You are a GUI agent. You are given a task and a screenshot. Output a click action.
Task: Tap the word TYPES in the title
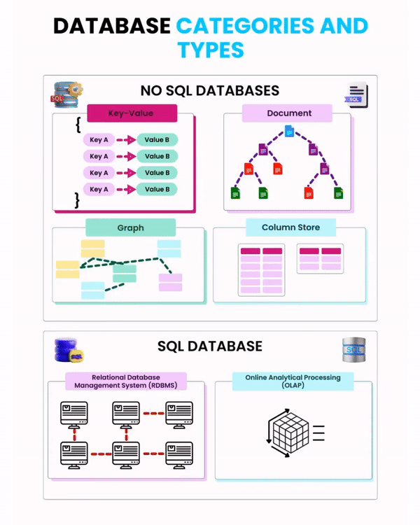(x=210, y=50)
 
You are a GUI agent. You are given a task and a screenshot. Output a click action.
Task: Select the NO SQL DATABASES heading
(x=210, y=91)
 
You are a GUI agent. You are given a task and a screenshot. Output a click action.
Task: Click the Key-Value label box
(x=132, y=113)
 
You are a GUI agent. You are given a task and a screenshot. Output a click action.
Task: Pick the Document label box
(x=287, y=113)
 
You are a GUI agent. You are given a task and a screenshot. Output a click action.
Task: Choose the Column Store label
(x=290, y=227)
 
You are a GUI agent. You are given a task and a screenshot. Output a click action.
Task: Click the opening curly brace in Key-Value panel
(x=78, y=126)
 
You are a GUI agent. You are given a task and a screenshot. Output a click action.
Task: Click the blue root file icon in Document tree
(x=289, y=131)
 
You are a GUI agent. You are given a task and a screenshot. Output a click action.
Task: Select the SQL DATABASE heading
(x=210, y=346)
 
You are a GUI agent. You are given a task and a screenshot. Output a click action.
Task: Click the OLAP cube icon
(x=287, y=434)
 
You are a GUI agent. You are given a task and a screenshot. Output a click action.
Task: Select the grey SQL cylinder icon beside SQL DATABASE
(x=353, y=349)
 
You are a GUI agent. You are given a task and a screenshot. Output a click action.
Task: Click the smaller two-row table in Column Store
(x=320, y=258)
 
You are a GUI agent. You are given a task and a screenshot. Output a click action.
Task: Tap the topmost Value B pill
(x=157, y=140)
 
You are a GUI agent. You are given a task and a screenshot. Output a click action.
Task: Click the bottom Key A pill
(x=99, y=189)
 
